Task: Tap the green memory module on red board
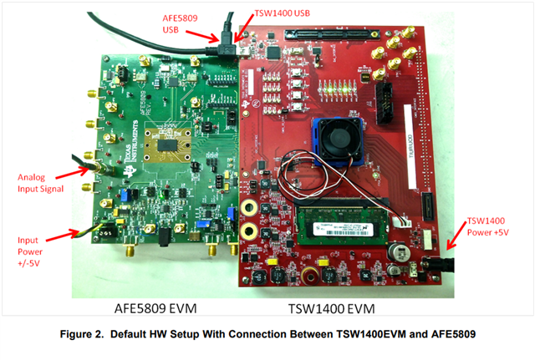tap(343, 229)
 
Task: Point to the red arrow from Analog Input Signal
tap(77, 169)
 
